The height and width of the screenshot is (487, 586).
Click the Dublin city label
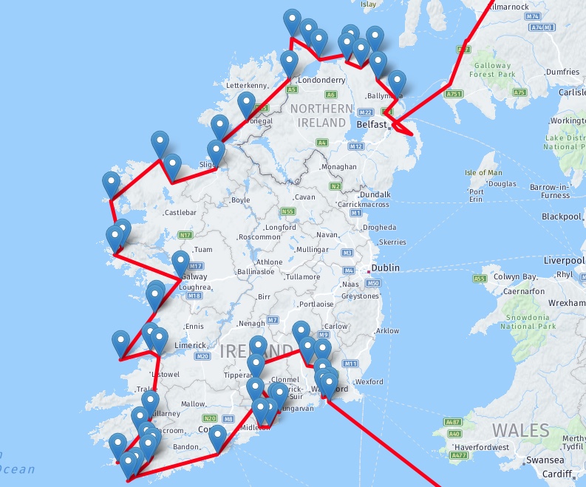click(386, 269)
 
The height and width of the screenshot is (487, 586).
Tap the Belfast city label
click(371, 125)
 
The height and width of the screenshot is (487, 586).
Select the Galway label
click(193, 277)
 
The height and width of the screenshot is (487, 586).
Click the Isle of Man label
click(483, 173)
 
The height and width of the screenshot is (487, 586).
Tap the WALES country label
click(521, 430)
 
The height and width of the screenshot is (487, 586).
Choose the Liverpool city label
click(565, 261)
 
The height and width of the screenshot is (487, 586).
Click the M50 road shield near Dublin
click(373, 283)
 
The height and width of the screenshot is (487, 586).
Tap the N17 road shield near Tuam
click(185, 236)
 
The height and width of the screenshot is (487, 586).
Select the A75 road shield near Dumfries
click(520, 92)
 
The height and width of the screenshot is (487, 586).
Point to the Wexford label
click(369, 381)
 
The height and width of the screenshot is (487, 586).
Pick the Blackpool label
click(562, 217)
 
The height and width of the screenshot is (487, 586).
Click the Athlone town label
click(268, 262)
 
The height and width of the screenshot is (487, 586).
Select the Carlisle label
click(572, 92)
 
